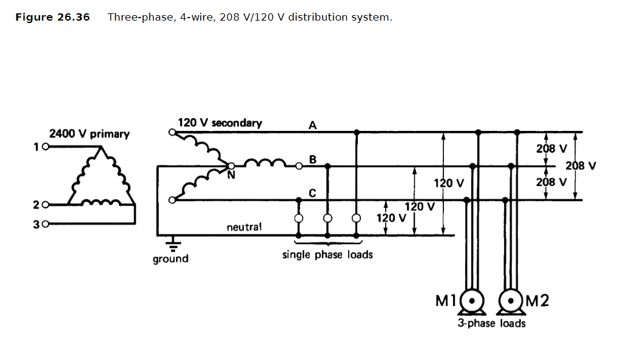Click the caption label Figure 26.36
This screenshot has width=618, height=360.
point(52,17)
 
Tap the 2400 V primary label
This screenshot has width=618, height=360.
point(89,134)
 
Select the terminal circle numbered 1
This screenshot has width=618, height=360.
point(45,147)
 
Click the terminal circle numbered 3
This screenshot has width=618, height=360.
point(45,224)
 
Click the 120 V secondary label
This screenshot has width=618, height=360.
point(220,123)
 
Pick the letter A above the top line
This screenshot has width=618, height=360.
point(313,125)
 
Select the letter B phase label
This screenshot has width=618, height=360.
point(313,159)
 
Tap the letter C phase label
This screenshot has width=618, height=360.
point(312,193)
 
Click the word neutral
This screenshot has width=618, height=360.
point(244,227)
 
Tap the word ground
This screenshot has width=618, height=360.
point(170,259)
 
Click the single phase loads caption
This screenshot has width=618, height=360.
point(327,255)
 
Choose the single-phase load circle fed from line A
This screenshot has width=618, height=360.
point(356,218)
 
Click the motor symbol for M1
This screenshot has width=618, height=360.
point(472,301)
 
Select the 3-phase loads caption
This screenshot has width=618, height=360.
point(491,324)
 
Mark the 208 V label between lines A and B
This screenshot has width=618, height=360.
point(552,148)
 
